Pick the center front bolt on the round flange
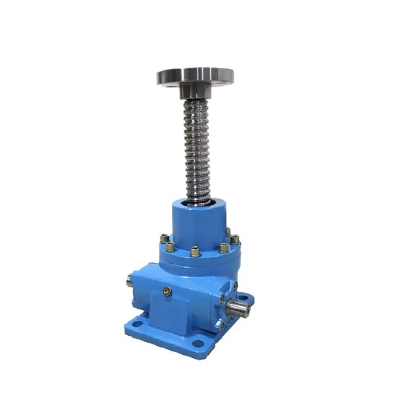click(195, 252)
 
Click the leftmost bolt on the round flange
click(164, 239)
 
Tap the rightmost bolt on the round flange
click(235, 240)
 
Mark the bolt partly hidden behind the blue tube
click(228, 231)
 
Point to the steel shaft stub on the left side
click(129, 281)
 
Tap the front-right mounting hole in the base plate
click(198, 343)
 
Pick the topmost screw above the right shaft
click(234, 286)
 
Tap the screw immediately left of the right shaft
click(221, 300)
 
